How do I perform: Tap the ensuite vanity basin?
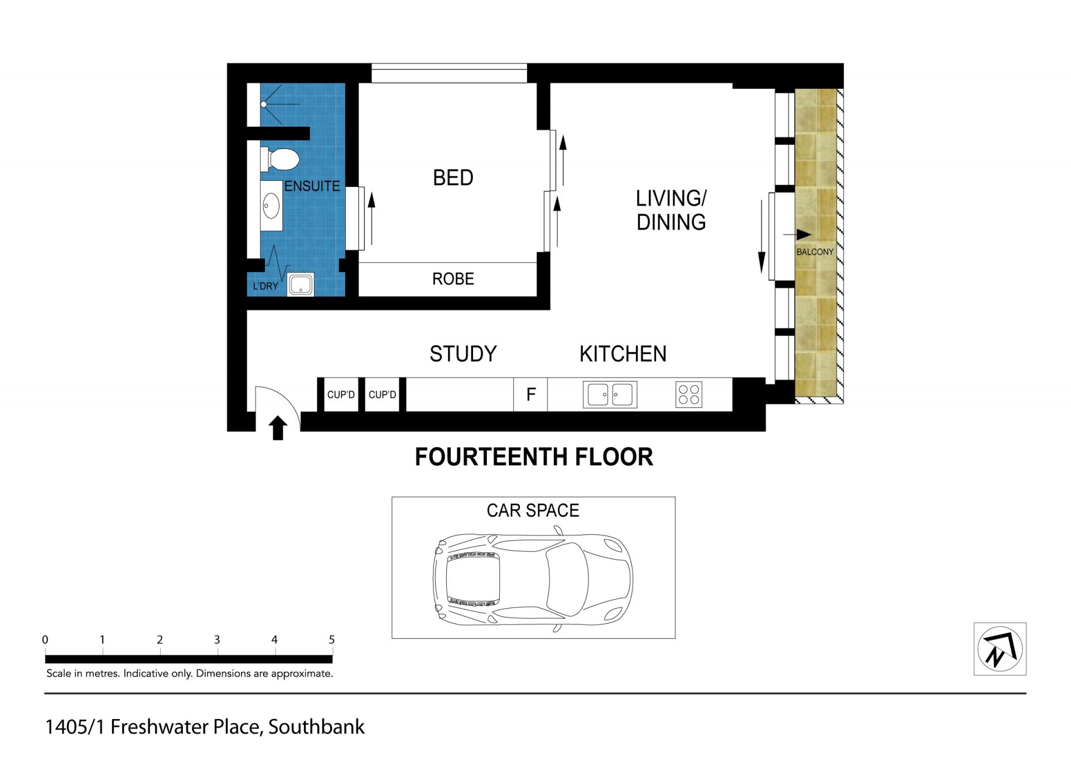pos(271,206)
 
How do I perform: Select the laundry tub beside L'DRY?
pos(301,285)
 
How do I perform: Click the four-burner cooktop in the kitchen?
pos(689,394)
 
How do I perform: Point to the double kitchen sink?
pos(610,394)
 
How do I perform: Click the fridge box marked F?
pos(530,394)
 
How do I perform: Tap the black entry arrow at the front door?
pos(278,428)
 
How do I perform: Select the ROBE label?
pos(453,279)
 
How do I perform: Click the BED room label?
pos(453,178)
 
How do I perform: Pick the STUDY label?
pos(463,354)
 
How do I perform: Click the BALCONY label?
pos(815,252)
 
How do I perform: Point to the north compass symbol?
pos(1000,649)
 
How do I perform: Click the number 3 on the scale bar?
pos(217,640)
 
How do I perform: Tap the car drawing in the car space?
pos(533,580)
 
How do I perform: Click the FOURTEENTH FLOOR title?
pos(534,457)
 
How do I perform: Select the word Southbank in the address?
pos(316,727)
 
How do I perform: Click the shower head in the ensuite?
pos(264,104)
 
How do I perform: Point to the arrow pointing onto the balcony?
pos(797,235)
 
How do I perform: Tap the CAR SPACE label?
pos(533,510)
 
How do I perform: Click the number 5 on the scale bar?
pos(332,640)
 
